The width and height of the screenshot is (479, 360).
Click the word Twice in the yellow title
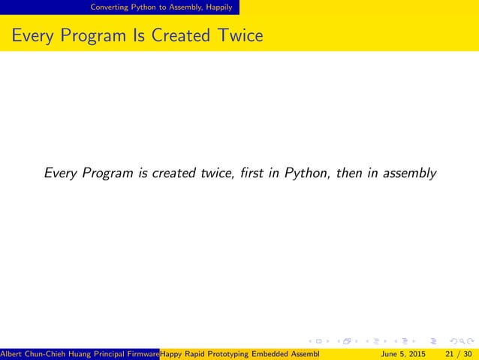[x=239, y=35]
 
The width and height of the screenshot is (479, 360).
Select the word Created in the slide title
[x=181, y=35]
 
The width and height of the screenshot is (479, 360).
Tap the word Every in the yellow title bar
[x=32, y=35]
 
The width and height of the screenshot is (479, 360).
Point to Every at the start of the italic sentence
[x=61, y=174]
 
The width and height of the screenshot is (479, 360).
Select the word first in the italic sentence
[x=249, y=174]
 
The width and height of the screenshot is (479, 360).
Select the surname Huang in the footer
[x=80, y=353]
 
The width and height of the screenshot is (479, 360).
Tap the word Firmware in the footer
[x=143, y=353]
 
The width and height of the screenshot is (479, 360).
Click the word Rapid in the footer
[x=195, y=353]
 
